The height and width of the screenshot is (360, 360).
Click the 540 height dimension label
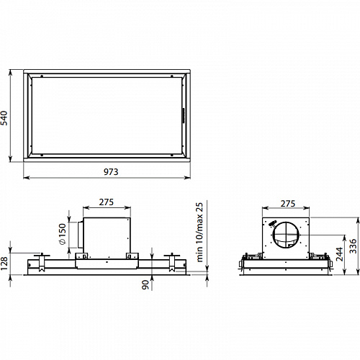(x=4, y=118)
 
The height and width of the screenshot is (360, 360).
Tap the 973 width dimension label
(x=111, y=172)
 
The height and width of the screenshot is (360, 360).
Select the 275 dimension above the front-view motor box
(x=107, y=202)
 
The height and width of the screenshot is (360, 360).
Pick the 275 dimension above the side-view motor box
(x=288, y=204)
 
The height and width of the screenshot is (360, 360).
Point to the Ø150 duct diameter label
(x=62, y=234)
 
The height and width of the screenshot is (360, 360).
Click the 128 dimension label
(x=4, y=264)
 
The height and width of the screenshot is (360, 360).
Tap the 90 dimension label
(x=145, y=285)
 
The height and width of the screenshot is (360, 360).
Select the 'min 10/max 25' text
(x=199, y=233)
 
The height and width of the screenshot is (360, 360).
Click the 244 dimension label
(x=339, y=254)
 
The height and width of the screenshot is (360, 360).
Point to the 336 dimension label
(x=353, y=246)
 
